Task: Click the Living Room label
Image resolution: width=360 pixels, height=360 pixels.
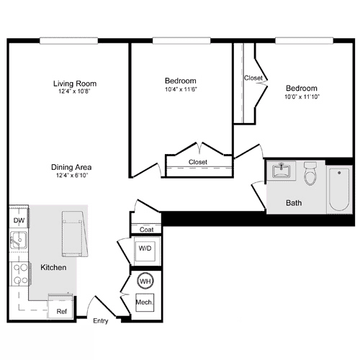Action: point(74,84)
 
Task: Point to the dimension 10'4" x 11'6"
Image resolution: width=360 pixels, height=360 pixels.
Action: point(181,89)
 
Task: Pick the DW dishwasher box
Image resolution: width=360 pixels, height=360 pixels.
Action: point(19,220)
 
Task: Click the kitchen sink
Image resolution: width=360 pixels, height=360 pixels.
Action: point(18,241)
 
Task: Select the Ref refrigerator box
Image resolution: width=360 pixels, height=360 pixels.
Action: point(61,310)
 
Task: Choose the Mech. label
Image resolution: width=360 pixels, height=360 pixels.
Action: point(145,302)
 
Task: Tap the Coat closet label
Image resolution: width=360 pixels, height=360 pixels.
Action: point(146,230)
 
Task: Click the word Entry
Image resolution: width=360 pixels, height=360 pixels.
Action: point(100,320)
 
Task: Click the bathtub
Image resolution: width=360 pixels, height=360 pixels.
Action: point(338,189)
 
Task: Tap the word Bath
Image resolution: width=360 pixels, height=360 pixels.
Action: point(293,203)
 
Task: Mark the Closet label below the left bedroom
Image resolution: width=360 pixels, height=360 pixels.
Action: point(198,162)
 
